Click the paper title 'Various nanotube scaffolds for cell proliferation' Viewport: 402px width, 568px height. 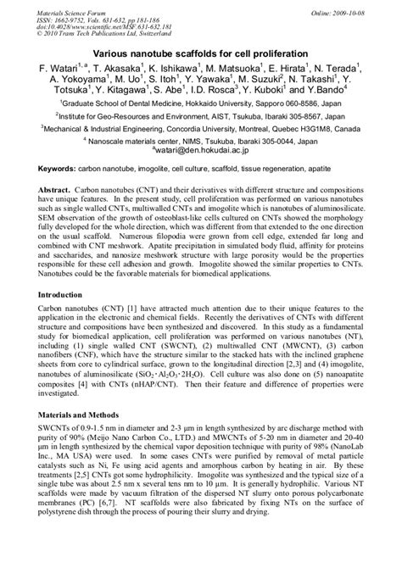(x=201, y=53)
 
